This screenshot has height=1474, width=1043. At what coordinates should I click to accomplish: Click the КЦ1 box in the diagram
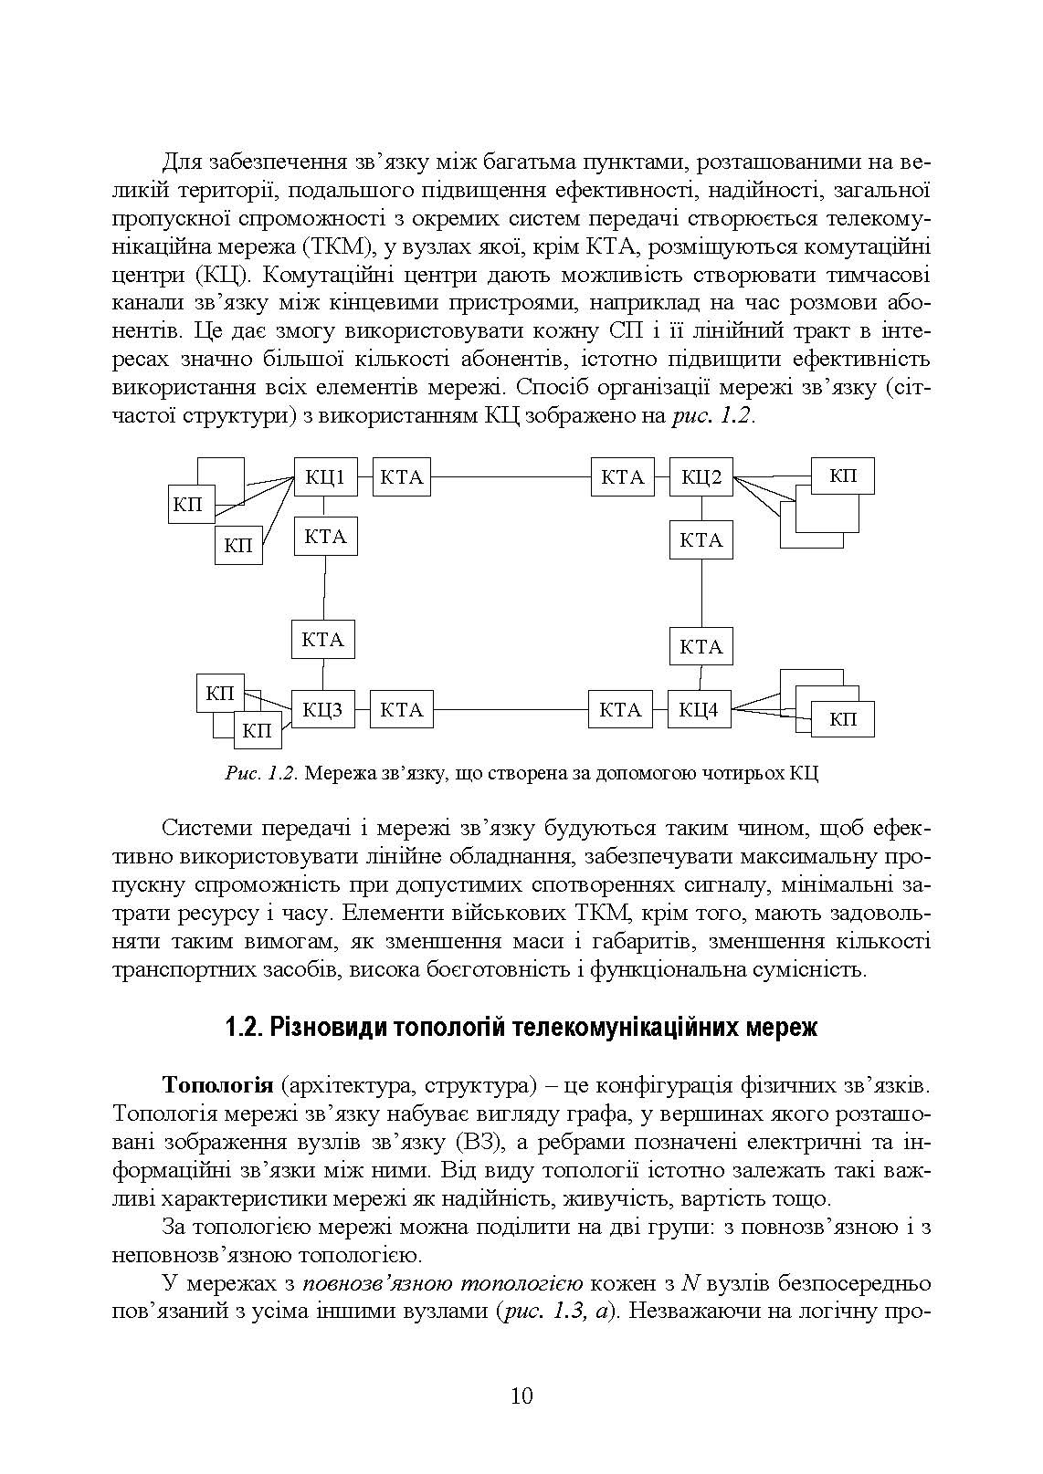325,476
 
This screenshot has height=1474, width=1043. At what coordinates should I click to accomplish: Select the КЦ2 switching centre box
701,476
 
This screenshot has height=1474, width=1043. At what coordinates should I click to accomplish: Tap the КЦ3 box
321,709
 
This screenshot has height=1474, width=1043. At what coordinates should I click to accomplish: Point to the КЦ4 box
699,709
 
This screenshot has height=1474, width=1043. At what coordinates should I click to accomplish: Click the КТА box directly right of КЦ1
402,476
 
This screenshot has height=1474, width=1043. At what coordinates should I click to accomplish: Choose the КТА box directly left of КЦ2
623,476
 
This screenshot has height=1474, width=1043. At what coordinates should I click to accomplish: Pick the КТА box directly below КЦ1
325,537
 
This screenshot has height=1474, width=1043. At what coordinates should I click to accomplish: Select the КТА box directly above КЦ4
701,647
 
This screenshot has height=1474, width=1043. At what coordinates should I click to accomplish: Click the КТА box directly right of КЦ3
401,709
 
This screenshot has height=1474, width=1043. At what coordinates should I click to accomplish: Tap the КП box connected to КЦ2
843,476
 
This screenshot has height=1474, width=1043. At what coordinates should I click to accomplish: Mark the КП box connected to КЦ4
843,719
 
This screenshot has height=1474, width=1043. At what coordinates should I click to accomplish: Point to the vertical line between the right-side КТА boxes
701,592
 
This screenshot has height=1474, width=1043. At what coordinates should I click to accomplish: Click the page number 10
521,1396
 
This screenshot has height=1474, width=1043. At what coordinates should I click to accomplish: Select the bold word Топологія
217,1085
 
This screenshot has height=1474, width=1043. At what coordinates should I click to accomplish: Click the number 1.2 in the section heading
243,1028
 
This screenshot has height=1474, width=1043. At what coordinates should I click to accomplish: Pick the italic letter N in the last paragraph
690,1283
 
